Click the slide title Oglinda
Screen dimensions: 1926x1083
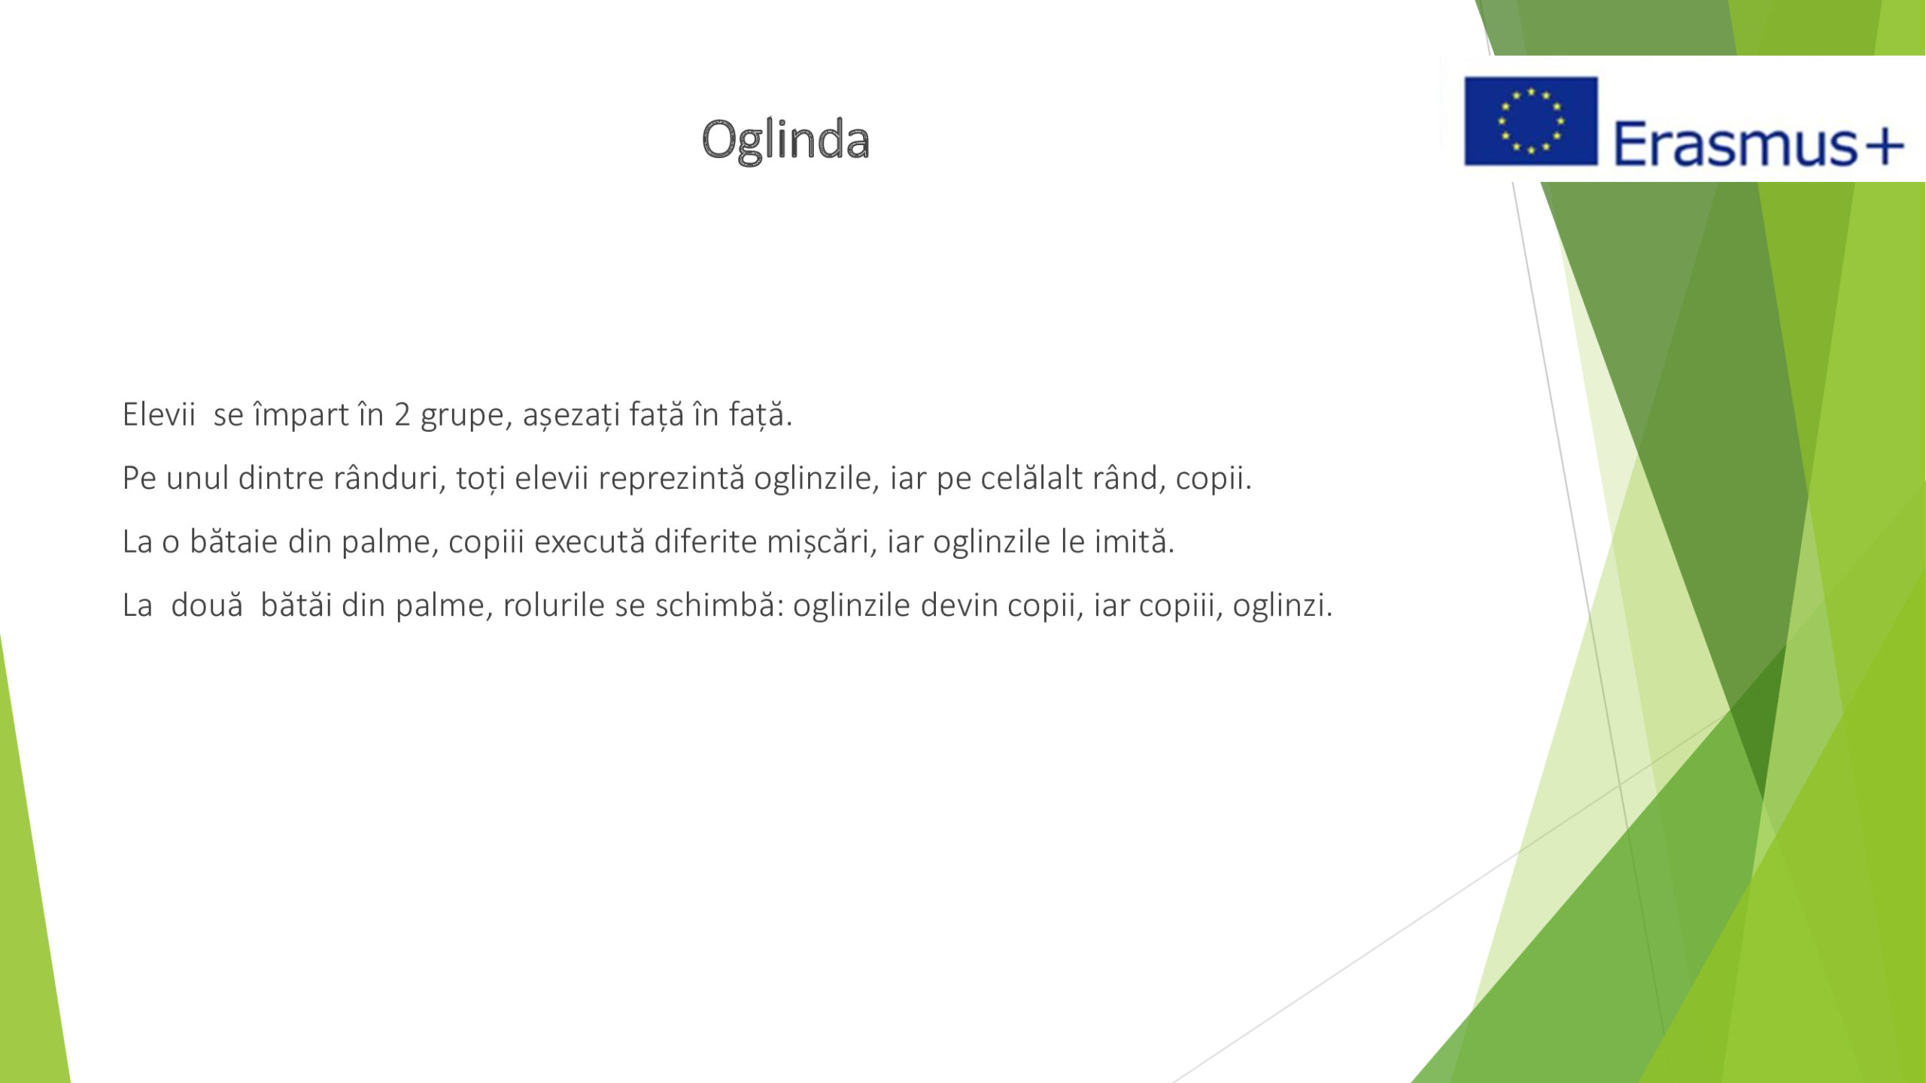785,141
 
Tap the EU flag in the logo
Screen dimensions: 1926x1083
1530,121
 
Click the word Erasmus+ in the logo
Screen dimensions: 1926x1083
1758,144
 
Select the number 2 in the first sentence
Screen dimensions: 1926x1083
403,414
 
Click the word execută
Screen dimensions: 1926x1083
590,541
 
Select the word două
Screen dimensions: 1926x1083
207,605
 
